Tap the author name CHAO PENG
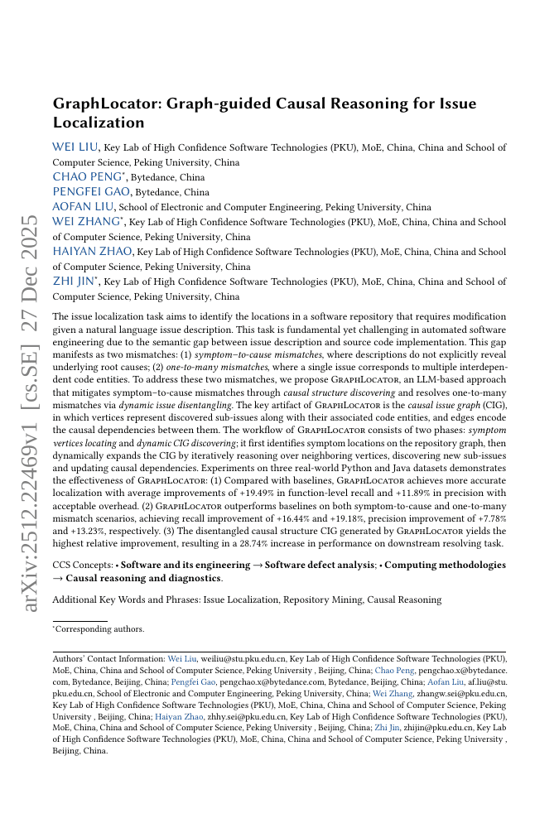[x=83, y=177]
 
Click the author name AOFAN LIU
[x=84, y=207]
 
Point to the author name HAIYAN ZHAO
[x=93, y=252]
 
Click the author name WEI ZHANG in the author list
[x=85, y=222]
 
